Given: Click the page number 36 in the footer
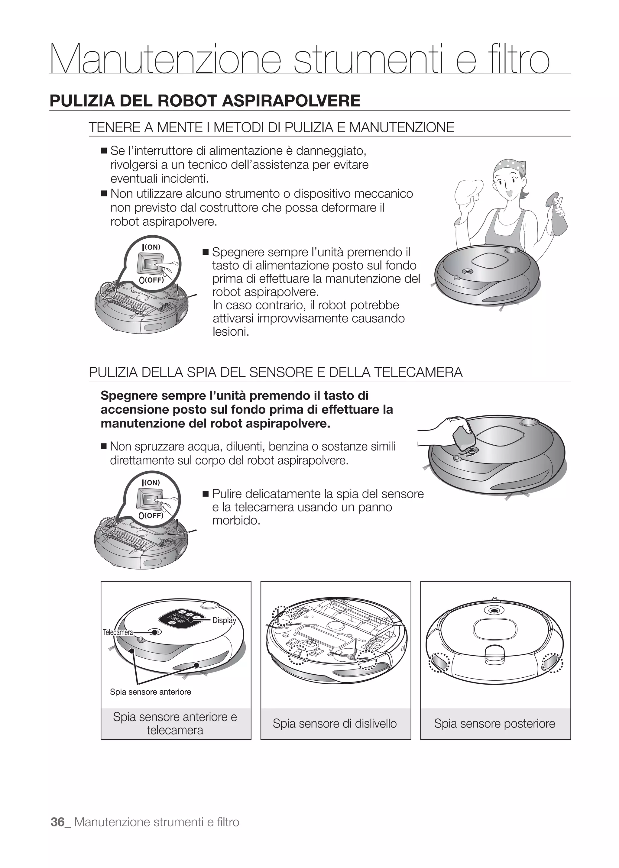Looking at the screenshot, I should point(57,822).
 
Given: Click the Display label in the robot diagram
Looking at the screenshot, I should point(224,620).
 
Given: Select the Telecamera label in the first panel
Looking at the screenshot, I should point(118,633).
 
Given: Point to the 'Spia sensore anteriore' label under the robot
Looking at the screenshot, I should point(151,692).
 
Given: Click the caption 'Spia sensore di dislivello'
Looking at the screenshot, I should point(335,723).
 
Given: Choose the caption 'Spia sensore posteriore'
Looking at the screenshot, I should point(494,723).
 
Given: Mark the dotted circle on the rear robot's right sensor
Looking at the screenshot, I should point(553,664).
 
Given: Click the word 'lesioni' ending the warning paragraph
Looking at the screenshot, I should point(230,331).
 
